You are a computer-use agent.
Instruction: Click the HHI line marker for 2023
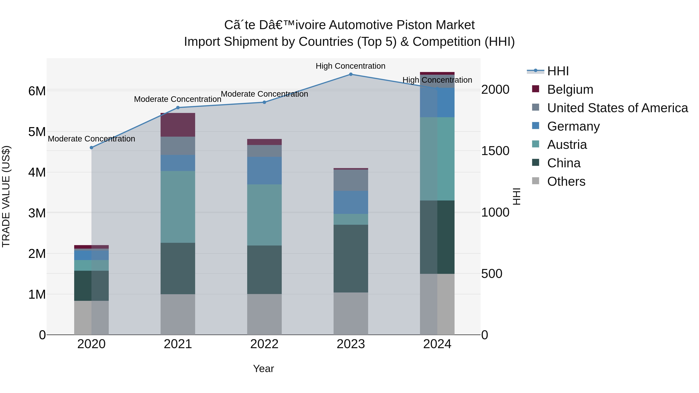351,74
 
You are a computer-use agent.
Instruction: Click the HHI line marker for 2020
91,147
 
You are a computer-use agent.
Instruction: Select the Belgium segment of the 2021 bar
178,125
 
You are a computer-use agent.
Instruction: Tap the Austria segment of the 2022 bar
264,215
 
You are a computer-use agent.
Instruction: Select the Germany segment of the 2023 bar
351,202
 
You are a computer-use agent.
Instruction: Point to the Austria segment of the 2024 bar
437,159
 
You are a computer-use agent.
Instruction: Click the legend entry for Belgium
570,89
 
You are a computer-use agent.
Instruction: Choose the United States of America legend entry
617,108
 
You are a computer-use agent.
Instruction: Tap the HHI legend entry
558,71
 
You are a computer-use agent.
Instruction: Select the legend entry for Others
566,181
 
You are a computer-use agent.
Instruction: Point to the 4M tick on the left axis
37,172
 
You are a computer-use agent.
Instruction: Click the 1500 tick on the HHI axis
495,151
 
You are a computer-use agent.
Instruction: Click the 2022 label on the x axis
264,344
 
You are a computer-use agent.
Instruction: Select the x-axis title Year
263,369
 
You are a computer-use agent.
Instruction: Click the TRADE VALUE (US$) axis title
6,196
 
